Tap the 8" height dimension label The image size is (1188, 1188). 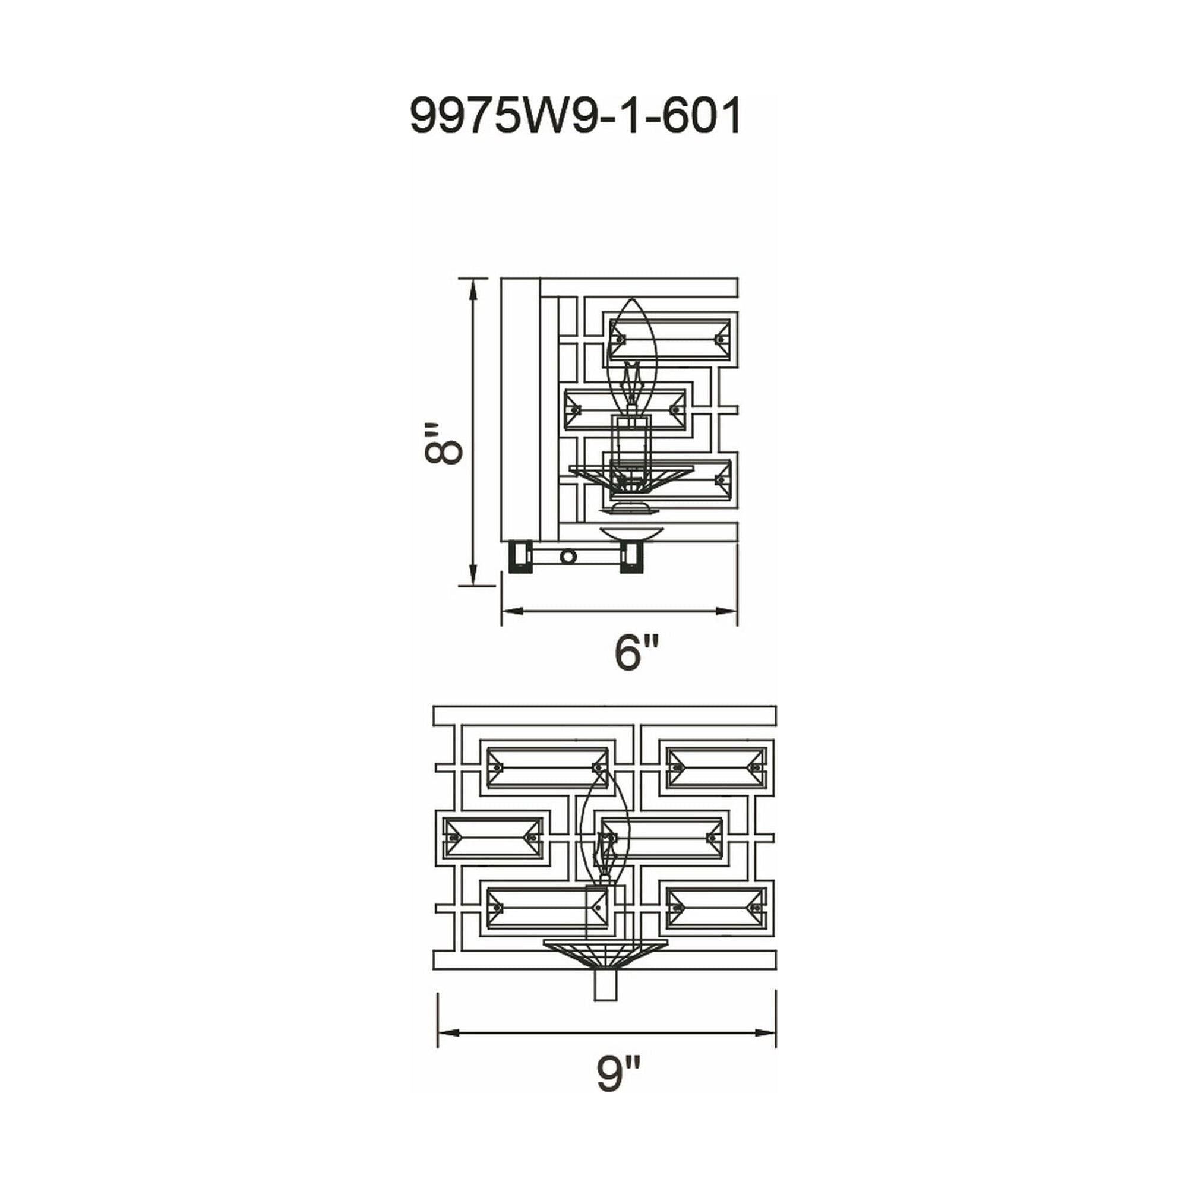442,441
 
